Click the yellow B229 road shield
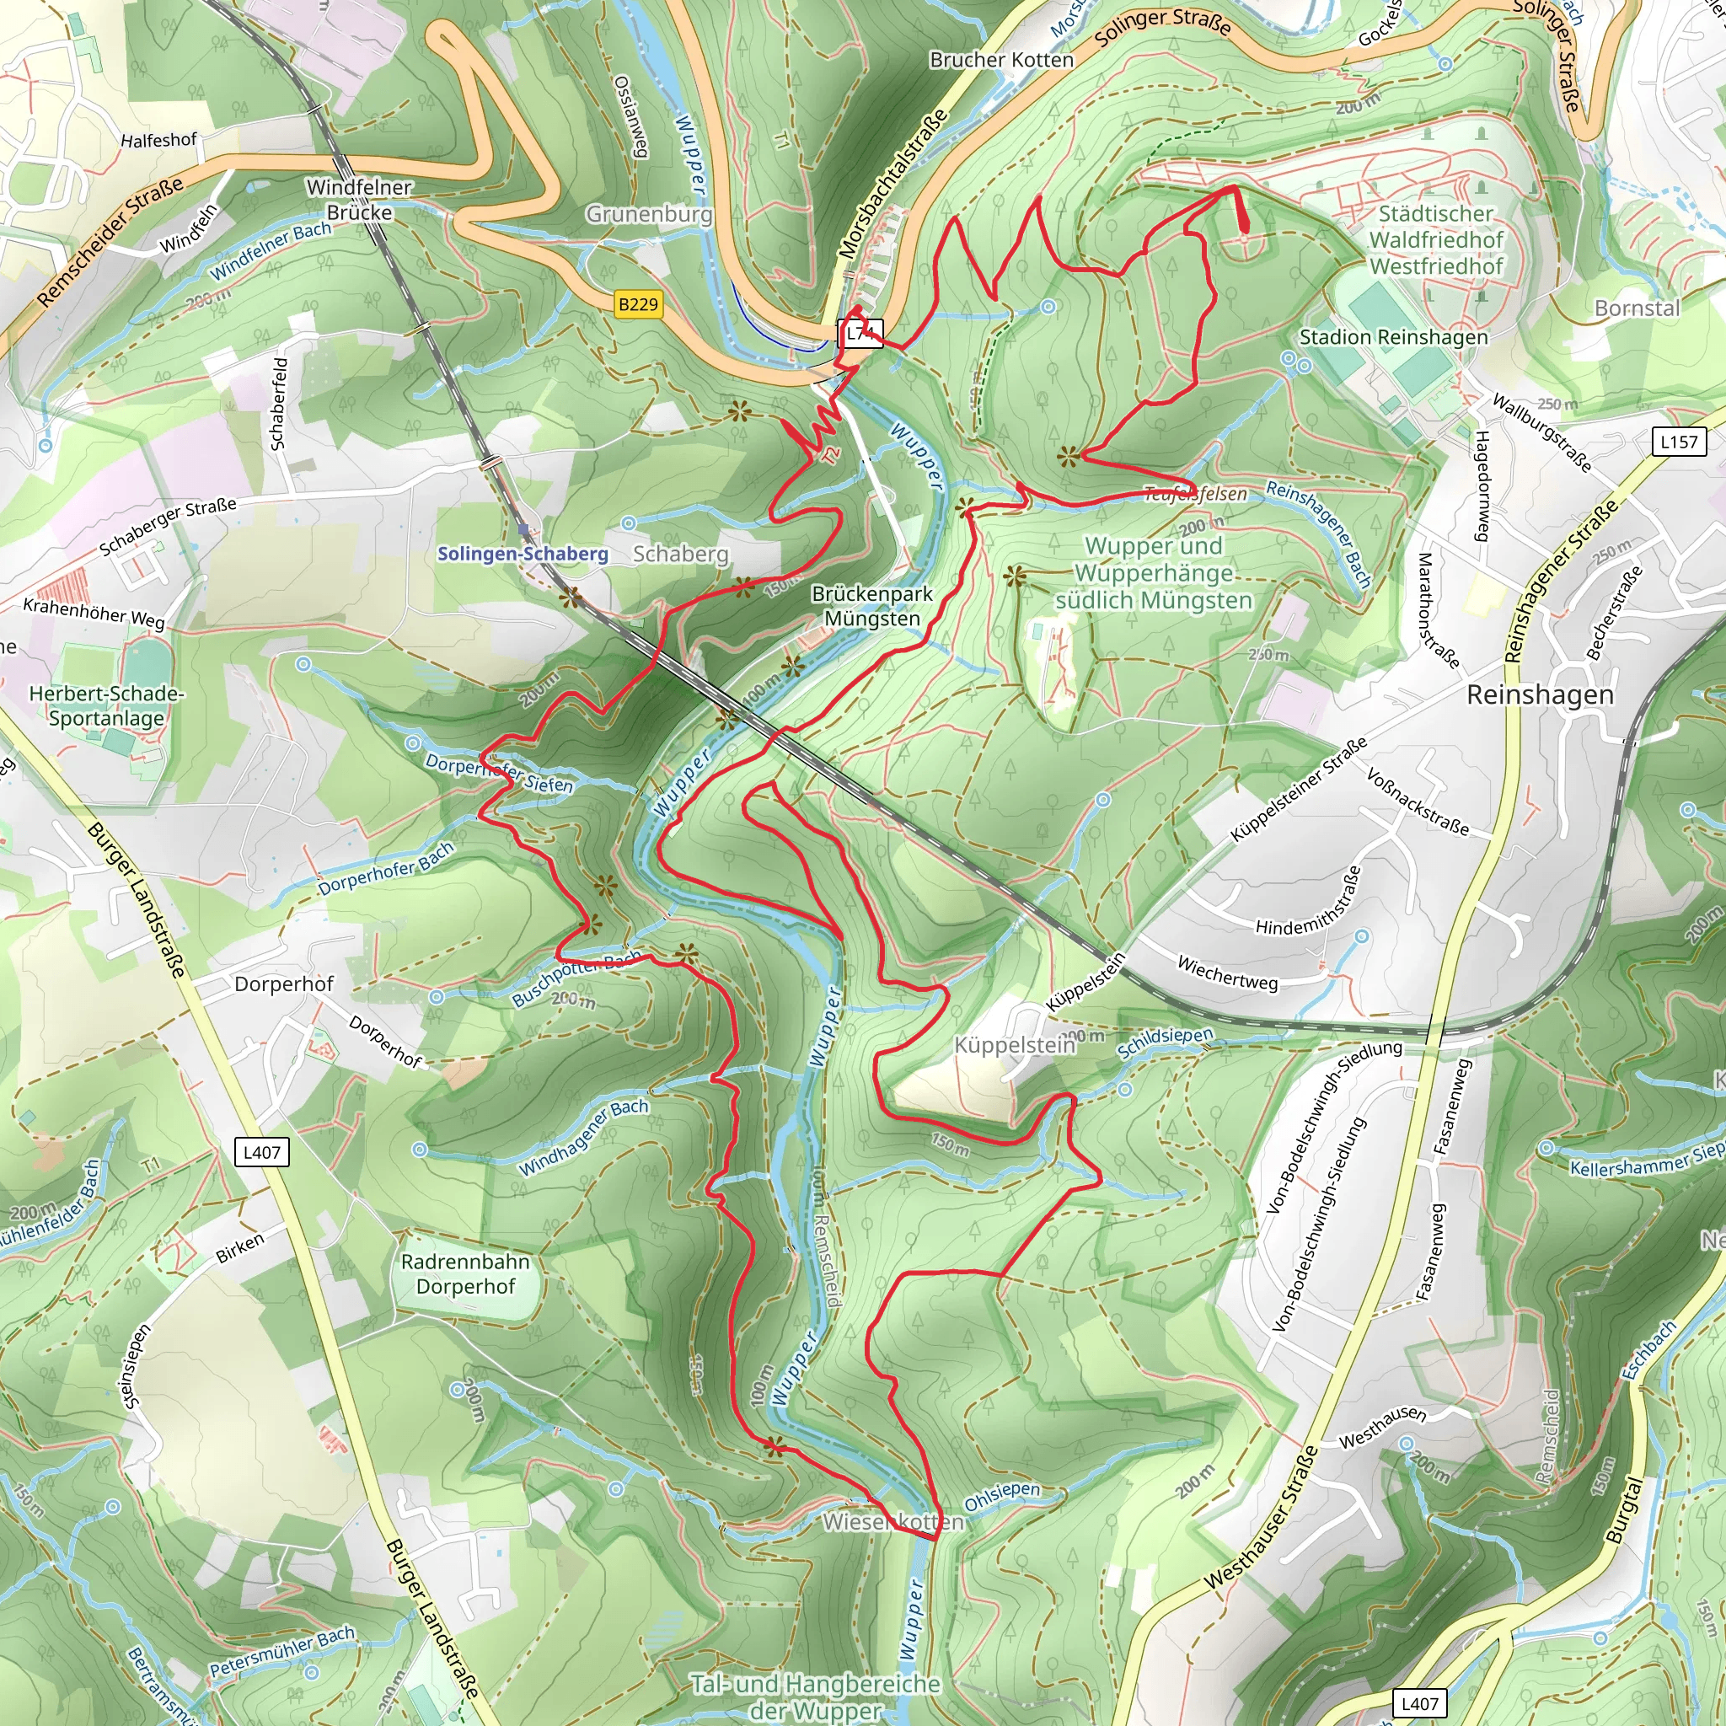(638, 304)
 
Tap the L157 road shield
(1679, 442)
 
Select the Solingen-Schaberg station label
(523, 554)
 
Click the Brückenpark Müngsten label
(871, 606)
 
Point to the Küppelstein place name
(1014, 1044)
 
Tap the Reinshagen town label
(1541, 695)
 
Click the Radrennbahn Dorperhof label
(465, 1274)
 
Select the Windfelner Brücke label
(359, 200)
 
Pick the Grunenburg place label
(649, 214)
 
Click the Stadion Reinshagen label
(1393, 338)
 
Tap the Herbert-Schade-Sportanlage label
(106, 705)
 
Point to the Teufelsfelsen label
(1195, 494)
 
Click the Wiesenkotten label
(892, 1521)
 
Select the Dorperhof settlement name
(283, 984)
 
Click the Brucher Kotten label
(1000, 60)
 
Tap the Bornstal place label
(1637, 308)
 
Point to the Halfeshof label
(158, 140)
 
